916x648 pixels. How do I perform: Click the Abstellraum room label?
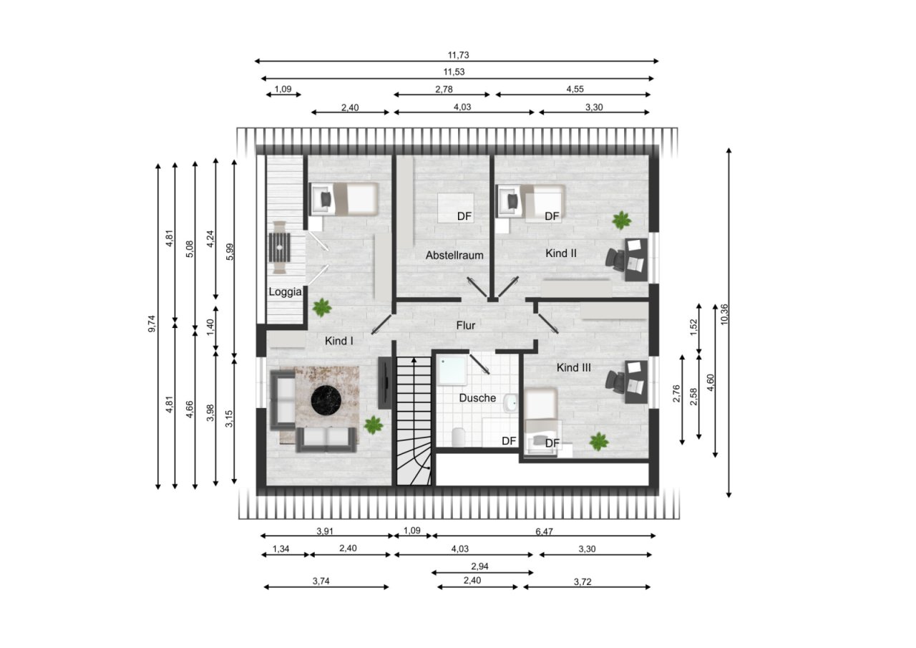click(x=454, y=256)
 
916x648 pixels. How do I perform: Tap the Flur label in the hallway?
click(x=466, y=326)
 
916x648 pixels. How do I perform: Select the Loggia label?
click(x=285, y=292)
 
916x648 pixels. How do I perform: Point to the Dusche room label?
click(x=477, y=398)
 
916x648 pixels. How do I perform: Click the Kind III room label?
click(x=574, y=368)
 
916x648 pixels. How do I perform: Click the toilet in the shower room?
click(x=459, y=437)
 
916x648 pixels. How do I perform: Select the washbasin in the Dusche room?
click(x=511, y=403)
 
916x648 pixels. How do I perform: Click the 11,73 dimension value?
click(x=458, y=55)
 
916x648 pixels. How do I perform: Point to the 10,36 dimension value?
click(x=724, y=314)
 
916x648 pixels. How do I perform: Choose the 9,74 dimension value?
click(x=152, y=324)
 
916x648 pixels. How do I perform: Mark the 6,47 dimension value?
click(x=544, y=531)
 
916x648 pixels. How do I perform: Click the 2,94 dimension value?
click(x=479, y=566)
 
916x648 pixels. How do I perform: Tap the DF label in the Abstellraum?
click(x=464, y=216)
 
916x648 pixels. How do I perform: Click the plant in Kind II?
click(x=622, y=221)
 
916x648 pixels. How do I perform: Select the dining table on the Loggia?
click(x=280, y=247)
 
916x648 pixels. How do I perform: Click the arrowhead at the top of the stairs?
click(x=414, y=360)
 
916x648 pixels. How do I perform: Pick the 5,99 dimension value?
click(x=230, y=251)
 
